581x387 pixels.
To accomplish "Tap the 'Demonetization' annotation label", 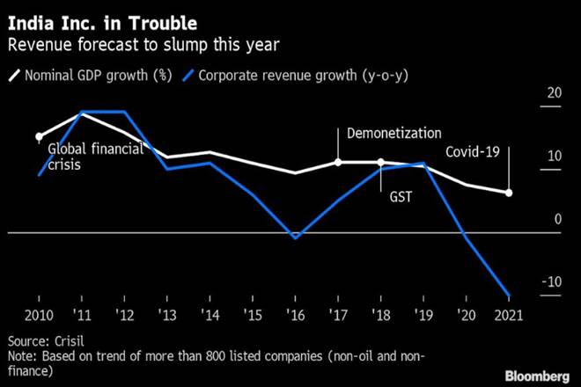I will click(393, 133).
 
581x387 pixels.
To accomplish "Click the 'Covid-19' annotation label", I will click(473, 152).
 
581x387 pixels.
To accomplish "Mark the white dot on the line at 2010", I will click(39, 137).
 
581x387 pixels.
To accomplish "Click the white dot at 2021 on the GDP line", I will click(509, 193).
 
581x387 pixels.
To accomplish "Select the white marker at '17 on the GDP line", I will click(338, 162).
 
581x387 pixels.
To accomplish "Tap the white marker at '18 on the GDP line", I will click(381, 162).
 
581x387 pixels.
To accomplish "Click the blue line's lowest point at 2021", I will click(509, 296).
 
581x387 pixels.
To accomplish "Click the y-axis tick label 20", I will click(554, 93).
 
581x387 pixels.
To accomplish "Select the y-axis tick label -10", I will click(551, 282).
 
